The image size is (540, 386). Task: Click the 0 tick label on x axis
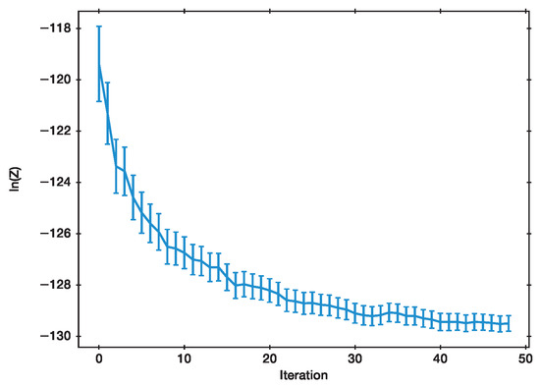click(x=99, y=357)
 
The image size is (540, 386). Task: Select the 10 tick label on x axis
click(x=184, y=357)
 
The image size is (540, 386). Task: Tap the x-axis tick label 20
click(x=269, y=357)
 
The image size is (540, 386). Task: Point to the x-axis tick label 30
click(x=354, y=357)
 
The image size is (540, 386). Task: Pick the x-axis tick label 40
click(x=440, y=357)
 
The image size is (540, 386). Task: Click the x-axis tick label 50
click(x=525, y=357)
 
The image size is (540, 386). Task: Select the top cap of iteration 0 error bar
click(x=99, y=27)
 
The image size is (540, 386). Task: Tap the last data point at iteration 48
click(x=508, y=324)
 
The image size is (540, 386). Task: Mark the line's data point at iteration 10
click(x=184, y=253)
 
